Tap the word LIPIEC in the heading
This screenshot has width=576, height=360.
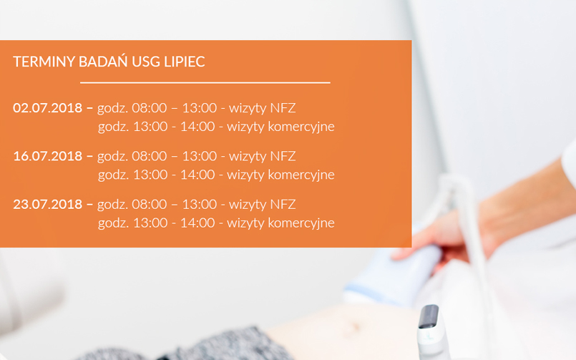click(x=185, y=62)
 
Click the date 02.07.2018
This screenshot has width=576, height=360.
click(x=47, y=108)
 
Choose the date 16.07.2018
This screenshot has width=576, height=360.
click(x=47, y=156)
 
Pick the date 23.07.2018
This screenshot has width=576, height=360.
click(x=47, y=204)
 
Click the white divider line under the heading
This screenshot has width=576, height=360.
click(x=205, y=82)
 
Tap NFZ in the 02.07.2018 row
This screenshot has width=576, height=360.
click(x=283, y=108)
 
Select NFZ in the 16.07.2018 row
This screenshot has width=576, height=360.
click(x=283, y=156)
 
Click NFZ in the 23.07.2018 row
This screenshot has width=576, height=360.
click(x=283, y=204)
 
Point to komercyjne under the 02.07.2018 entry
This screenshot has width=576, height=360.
click(x=301, y=127)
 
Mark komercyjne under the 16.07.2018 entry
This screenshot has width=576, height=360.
click(x=301, y=175)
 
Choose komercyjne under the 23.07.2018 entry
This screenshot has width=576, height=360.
click(x=301, y=223)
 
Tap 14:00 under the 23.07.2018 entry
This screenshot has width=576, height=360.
click(x=197, y=223)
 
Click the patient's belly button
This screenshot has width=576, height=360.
click(x=355, y=326)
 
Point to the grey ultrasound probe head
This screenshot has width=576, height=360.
click(x=429, y=316)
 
